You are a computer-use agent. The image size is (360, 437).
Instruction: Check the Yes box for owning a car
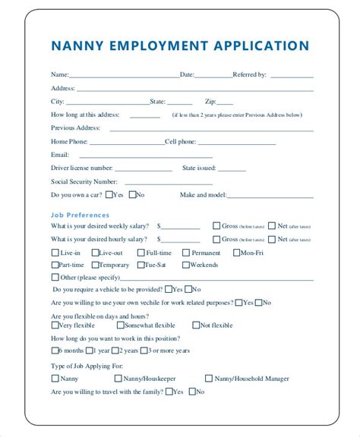coord(109,194)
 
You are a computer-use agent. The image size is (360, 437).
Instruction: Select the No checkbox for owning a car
coord(133,194)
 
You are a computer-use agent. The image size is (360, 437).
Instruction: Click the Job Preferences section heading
coord(80,215)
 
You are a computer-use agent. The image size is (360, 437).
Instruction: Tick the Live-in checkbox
coord(55,253)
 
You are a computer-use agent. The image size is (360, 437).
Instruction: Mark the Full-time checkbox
coord(141,253)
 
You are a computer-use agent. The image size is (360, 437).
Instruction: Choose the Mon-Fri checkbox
coord(237,253)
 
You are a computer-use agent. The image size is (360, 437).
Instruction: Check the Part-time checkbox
coord(55,265)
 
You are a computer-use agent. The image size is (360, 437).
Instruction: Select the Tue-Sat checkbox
coord(141,265)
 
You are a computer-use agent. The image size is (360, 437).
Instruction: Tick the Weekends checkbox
coord(186,265)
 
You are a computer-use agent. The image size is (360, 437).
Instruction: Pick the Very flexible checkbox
coord(55,325)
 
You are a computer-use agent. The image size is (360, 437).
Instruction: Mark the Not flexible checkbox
coord(195,325)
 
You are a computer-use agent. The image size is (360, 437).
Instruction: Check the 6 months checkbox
coord(55,350)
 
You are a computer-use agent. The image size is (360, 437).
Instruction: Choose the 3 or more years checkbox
coord(144,350)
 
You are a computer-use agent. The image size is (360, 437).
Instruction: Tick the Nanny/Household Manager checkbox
coord(209,377)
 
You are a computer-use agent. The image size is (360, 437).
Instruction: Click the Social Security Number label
coord(84,181)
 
